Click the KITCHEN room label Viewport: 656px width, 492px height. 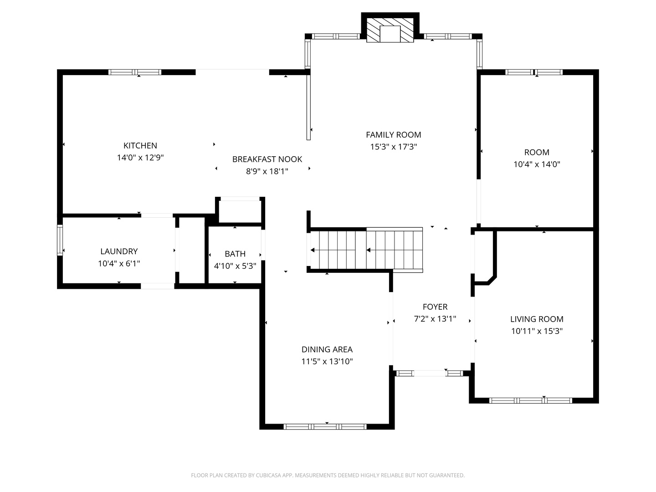140,146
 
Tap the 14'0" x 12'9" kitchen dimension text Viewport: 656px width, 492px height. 140,158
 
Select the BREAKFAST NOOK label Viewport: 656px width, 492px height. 267,159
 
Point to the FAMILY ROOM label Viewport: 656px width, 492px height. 394,135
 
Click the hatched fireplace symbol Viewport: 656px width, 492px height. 390,31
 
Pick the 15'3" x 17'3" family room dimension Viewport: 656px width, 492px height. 394,147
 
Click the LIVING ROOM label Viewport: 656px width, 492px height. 537,319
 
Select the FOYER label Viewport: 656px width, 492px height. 435,307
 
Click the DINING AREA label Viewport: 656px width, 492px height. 327,349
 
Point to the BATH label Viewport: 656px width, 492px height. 235,254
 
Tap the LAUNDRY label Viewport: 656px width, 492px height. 119,251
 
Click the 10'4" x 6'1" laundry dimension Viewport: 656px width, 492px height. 119,263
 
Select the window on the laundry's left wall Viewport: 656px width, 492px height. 60,240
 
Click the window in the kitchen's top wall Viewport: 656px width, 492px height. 135,72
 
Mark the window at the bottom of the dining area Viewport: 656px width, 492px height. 325,427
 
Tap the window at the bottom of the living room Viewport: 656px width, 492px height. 530,400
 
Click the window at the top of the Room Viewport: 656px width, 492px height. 534,72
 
